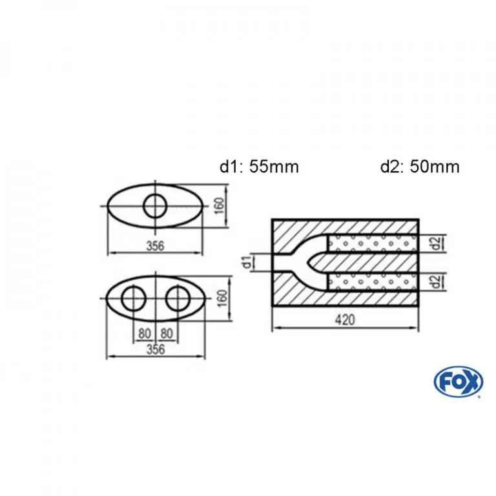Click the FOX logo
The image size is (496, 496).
pos(459,382)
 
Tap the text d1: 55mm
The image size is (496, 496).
pos(259,167)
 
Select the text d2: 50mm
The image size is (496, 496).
pos(420,167)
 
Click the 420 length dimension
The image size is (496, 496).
pos(345,320)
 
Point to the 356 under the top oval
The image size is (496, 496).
pos(155,246)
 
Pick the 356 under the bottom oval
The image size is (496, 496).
pos(156,349)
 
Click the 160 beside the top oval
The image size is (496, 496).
pos(219,205)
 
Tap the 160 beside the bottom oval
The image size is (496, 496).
pos(222,298)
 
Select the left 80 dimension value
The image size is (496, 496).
pos(144,333)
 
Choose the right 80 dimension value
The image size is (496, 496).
pos(167,333)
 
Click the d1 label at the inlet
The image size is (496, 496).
pos(247,262)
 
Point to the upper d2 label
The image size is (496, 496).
pos(436,243)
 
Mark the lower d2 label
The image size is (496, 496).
pos(436,282)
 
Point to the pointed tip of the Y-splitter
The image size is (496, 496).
pos(307,262)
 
